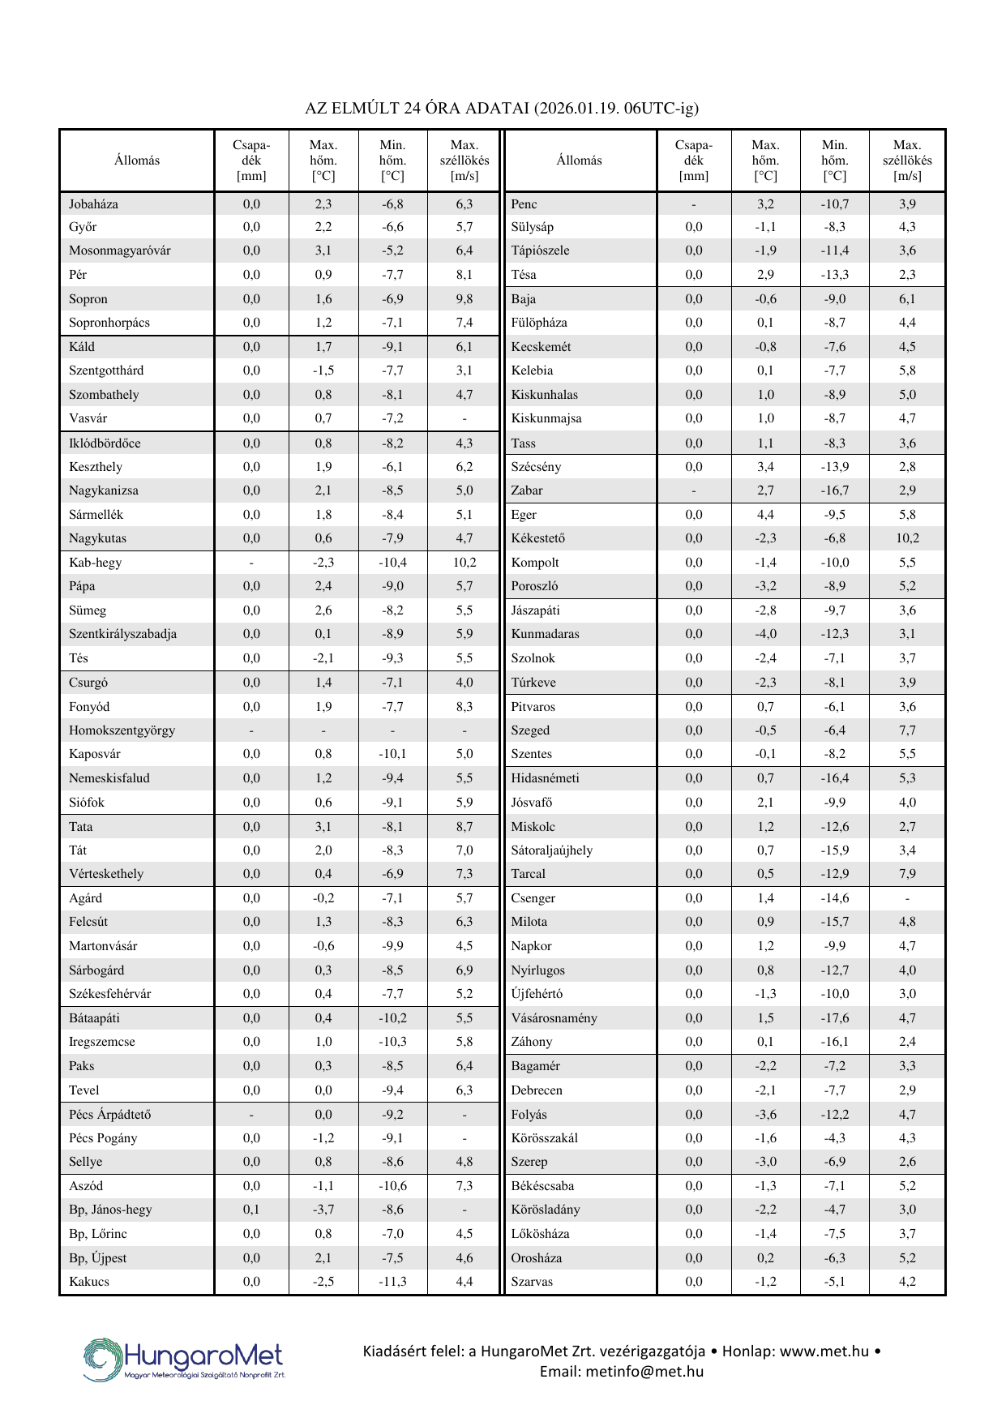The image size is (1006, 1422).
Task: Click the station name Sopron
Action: point(88,299)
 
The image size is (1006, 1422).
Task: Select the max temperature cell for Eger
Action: point(765,515)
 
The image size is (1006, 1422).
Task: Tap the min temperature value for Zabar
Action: point(834,490)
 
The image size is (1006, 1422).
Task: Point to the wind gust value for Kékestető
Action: point(907,538)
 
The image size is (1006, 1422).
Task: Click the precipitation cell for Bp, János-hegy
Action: point(251,1210)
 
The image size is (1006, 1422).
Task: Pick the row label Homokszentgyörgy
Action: point(122,730)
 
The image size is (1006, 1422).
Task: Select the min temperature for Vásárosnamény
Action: point(834,1018)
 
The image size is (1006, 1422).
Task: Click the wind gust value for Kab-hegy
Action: point(464,563)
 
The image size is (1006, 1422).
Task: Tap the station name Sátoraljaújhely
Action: point(551,850)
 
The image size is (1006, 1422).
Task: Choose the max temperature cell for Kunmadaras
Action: point(765,634)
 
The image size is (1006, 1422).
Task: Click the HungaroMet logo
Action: point(184,1359)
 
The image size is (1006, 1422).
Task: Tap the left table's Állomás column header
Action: point(137,161)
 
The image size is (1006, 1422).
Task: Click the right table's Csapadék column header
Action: point(693,161)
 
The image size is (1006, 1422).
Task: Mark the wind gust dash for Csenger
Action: point(907,898)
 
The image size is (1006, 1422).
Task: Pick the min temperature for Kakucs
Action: point(392,1282)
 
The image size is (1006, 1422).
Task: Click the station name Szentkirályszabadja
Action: point(122,634)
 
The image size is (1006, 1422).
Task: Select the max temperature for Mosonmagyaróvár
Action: point(323,251)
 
